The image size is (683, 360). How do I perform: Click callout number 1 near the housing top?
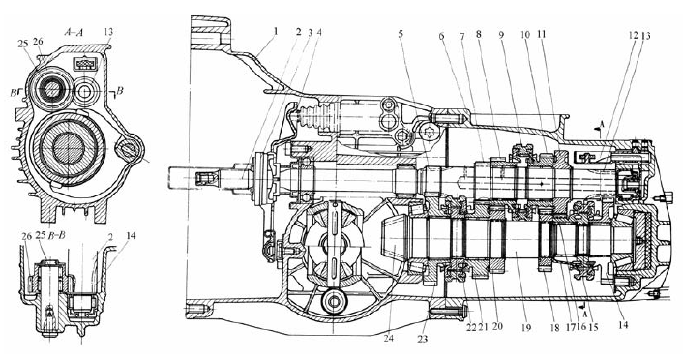276,32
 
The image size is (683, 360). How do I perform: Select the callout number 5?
401,35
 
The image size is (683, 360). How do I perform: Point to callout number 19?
526,326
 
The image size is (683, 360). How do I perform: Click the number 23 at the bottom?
422,338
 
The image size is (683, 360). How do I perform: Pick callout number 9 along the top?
501,35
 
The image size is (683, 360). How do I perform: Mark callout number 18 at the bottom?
554,327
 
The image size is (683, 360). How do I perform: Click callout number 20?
497,326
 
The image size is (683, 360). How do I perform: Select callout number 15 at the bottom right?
593,327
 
